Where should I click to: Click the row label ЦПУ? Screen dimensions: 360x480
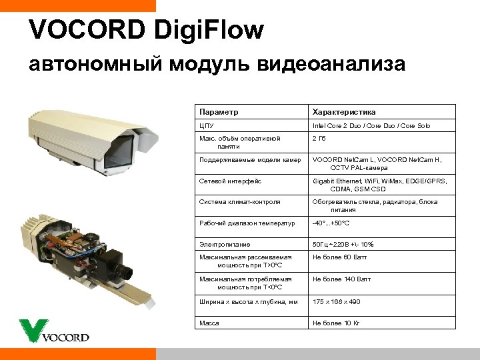tap(206, 125)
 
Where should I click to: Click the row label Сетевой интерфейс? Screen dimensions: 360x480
tap(231, 181)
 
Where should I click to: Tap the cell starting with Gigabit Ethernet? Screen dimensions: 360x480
tap(379, 185)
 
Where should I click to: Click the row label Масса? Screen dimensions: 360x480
tap(210, 323)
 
